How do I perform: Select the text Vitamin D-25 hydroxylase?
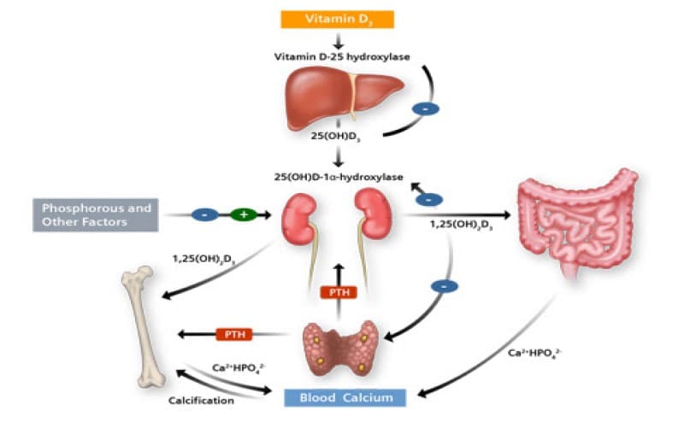coord(339,57)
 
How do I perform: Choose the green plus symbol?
coord(243,214)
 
